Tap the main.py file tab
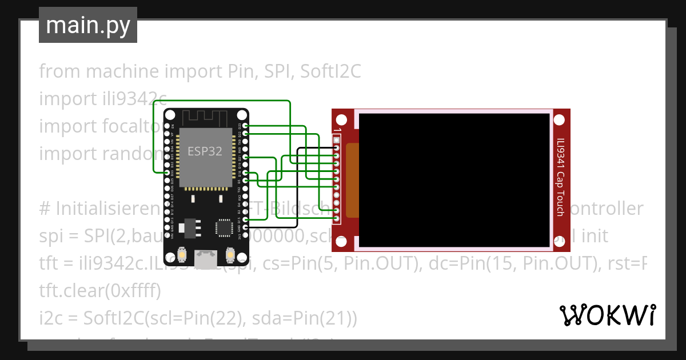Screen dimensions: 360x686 point(88,25)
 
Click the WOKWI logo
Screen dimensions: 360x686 point(607,315)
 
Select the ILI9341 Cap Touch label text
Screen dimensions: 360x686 point(561,177)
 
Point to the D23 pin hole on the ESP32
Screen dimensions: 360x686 point(245,125)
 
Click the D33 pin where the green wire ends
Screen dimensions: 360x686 point(167,173)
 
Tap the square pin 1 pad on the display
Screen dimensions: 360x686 point(337,139)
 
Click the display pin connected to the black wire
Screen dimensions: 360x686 point(337,147)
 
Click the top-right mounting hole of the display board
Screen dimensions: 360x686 point(560,121)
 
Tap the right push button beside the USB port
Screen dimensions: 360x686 point(230,253)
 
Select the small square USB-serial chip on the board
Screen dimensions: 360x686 point(222,227)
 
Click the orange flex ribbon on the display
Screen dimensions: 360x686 point(352,181)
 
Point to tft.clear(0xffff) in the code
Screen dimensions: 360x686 point(100,291)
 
